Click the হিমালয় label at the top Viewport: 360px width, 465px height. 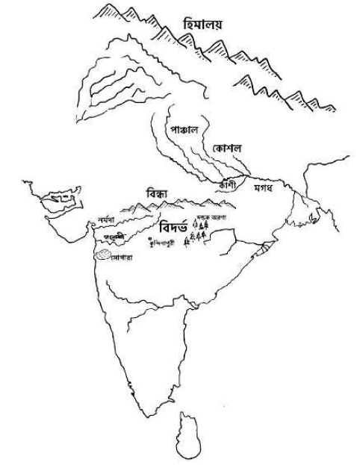coord(202,25)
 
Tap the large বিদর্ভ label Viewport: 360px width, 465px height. coord(176,225)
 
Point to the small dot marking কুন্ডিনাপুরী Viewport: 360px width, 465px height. coord(150,238)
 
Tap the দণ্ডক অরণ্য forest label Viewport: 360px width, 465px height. coord(211,217)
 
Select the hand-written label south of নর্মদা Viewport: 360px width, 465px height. coord(114,236)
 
